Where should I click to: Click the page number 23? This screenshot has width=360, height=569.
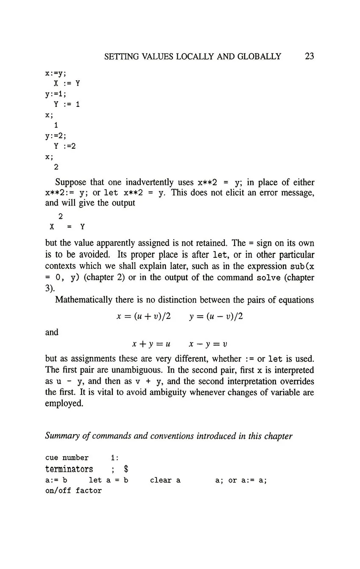coord(309,56)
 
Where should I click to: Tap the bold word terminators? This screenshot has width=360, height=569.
coord(69,469)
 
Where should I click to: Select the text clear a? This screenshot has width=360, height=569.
coord(165,480)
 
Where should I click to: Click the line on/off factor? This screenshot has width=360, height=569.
coord(73,491)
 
